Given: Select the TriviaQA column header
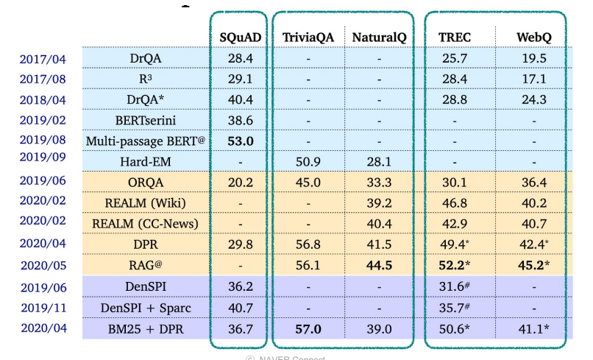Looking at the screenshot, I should [308, 37].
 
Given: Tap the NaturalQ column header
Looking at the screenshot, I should [379, 37].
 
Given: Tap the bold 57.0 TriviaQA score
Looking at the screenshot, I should [308, 328].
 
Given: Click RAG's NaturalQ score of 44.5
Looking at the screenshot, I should [379, 266].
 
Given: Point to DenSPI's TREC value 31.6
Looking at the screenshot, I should [456, 287].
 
